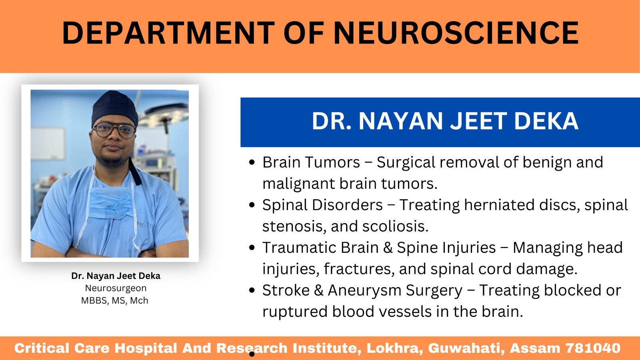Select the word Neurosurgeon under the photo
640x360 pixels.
(116, 288)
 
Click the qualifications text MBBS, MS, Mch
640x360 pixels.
(115, 300)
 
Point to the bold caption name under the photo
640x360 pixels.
(116, 276)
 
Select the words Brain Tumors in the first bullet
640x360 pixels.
(311, 162)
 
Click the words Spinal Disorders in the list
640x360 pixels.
(322, 205)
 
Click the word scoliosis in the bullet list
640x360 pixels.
(395, 226)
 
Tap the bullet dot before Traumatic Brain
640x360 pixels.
(252, 248)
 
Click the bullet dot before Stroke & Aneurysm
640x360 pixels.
(252, 290)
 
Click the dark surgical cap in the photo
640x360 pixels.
(114, 108)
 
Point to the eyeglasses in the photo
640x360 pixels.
(114, 130)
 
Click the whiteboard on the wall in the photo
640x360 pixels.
(48, 143)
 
